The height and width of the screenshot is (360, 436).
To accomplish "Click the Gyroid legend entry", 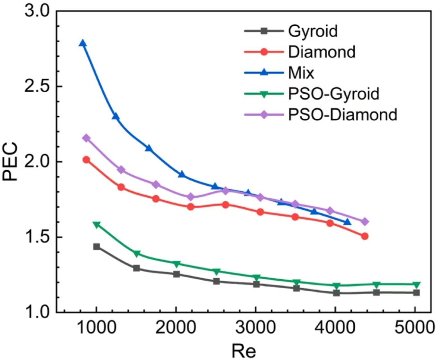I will point(313,31).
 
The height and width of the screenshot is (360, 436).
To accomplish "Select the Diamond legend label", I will point(322,52).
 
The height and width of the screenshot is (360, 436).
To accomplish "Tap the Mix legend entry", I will point(301,73).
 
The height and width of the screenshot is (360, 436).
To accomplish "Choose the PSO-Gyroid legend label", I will point(333,94).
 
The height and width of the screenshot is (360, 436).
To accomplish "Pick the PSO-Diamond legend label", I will point(342,115).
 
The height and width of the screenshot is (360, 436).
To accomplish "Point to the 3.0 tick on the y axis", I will point(37,11).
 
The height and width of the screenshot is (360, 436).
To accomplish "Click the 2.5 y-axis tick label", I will point(37,86).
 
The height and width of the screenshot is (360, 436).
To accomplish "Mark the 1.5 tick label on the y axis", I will point(37,237).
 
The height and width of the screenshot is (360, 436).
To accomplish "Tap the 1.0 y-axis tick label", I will point(37,312).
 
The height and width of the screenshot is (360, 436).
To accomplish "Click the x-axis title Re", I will point(244,350).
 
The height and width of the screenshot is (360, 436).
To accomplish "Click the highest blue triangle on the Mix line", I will point(83,43).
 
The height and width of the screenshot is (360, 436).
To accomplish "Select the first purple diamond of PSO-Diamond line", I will point(86,138).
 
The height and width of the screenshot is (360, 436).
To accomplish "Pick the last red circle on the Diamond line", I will point(365,236).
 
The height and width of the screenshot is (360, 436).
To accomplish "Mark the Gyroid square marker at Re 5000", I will point(416,292).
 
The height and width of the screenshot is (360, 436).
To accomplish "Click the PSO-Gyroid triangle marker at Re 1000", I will point(96,225).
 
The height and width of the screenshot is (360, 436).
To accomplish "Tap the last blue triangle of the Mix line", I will point(347,222).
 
